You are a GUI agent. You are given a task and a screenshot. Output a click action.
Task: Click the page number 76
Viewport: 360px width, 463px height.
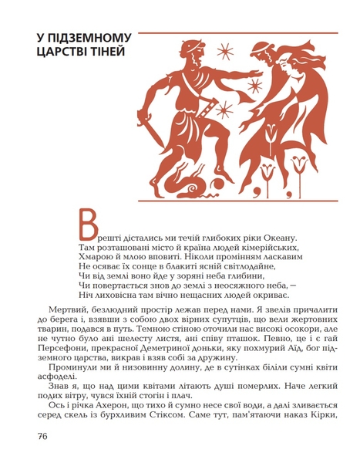point(43,436)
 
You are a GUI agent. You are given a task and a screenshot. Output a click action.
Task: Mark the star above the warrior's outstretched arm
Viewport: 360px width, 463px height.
point(225,51)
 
